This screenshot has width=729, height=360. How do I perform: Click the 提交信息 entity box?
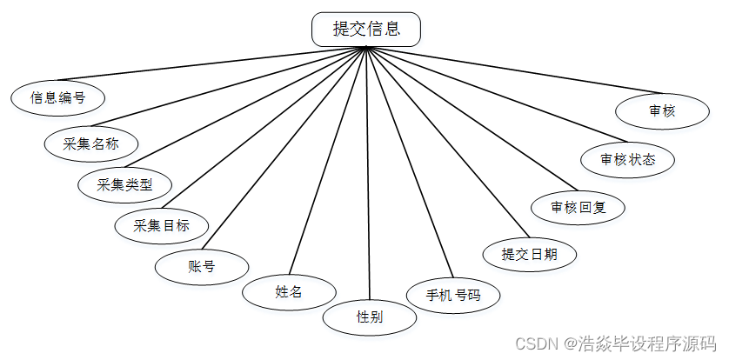click(x=366, y=29)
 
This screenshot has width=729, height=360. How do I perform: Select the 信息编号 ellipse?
click(x=58, y=97)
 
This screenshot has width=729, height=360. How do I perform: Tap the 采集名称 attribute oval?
click(x=90, y=143)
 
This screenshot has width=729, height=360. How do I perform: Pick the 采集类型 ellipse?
click(x=124, y=184)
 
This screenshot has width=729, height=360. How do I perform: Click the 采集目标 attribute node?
click(x=162, y=225)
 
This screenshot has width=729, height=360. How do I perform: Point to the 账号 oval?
click(x=201, y=266)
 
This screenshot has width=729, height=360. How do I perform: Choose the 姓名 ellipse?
click(x=288, y=292)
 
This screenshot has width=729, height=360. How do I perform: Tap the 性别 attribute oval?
click(x=369, y=317)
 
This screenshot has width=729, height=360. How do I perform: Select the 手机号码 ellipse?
click(x=452, y=295)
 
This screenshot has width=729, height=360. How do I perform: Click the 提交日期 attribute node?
click(x=529, y=254)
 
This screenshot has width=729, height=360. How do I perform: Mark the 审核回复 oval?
click(x=577, y=208)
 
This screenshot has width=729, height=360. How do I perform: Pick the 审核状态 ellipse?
click(x=627, y=160)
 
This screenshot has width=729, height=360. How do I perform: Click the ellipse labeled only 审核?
click(x=661, y=111)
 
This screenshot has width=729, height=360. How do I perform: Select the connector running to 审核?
click(x=522, y=70)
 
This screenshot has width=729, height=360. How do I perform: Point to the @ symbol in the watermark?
click(x=569, y=343)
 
